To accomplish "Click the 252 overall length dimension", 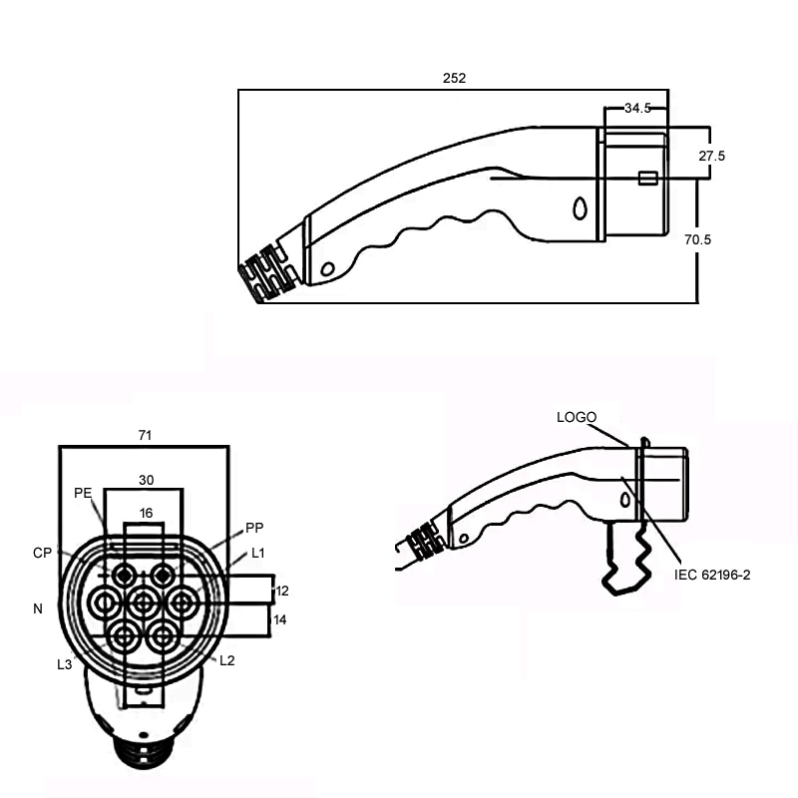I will (x=454, y=77).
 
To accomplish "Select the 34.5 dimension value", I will (x=637, y=109).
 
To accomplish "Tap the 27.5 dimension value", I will (x=739, y=157).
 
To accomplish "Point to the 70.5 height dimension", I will (x=739, y=240).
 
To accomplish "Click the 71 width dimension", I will (x=145, y=435).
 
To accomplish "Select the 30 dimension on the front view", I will (x=146, y=480).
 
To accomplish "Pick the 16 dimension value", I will (x=146, y=513).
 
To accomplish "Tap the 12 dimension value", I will (x=282, y=591).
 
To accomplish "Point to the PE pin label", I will (x=83, y=493).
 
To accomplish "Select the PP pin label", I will (x=254, y=528).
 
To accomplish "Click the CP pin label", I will (x=42, y=553).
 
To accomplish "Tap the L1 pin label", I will (x=258, y=553).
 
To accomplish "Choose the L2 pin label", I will (x=226, y=661).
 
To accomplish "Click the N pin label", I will (x=38, y=607).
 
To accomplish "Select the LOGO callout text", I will (x=577, y=417).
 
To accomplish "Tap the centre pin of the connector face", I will (x=143, y=601).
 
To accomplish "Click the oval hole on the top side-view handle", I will (x=581, y=208).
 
